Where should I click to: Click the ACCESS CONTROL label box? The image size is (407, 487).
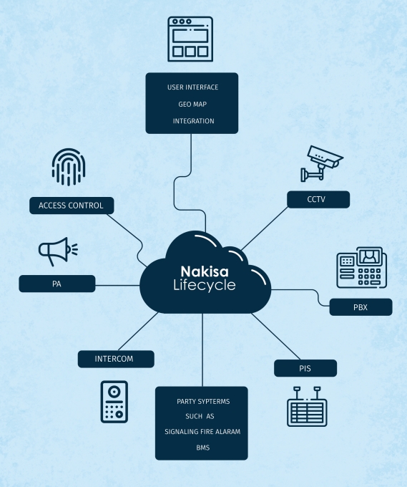tap(72, 206)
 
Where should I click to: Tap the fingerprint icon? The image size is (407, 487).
tap(69, 167)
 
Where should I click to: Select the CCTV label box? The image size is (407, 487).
tap(318, 199)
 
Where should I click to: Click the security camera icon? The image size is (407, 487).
tap(322, 163)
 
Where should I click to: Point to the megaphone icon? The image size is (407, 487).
tap(58, 251)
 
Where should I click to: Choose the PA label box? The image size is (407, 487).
tap(57, 284)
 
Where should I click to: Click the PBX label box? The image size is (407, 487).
tap(361, 307)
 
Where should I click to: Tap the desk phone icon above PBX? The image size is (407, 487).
tap(362, 267)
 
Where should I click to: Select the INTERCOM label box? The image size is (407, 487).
tap(116, 359)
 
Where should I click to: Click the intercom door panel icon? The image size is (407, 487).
tap(114, 402)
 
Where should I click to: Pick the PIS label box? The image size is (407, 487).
tap(305, 368)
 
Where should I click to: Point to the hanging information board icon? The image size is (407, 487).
tap(307, 406)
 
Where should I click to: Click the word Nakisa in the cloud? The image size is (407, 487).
tap(205, 271)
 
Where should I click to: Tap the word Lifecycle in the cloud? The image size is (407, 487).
tap(205, 286)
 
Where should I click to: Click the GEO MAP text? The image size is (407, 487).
tap(192, 105)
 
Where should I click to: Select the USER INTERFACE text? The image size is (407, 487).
tap(192, 87)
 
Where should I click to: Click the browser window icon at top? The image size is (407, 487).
tap(190, 39)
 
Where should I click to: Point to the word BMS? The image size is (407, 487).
tap(203, 448)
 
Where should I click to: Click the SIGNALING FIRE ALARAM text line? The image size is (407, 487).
tap(202, 432)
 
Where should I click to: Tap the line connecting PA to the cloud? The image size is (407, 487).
tap(117, 286)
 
